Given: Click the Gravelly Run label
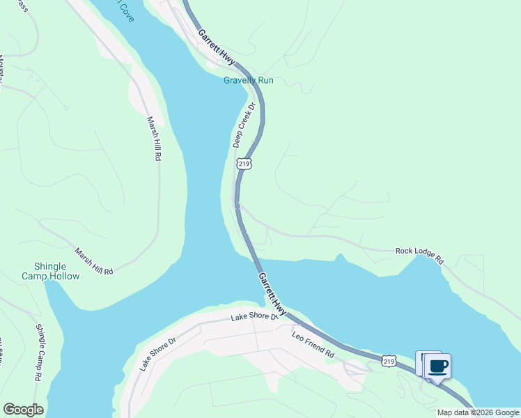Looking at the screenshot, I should click(x=248, y=80).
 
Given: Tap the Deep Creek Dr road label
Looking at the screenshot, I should click(x=244, y=125).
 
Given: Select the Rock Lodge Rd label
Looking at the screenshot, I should click(x=419, y=254).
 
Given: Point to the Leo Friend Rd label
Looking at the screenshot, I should click(x=313, y=346).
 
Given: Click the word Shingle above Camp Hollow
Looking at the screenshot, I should click(x=50, y=267).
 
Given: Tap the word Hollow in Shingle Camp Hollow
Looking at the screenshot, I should click(x=64, y=277).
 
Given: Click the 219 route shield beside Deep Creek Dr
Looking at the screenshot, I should click(x=243, y=164).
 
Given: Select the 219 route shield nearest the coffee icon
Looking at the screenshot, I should click(x=389, y=360).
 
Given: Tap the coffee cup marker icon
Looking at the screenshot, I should click(x=438, y=366).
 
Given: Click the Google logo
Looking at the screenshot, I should click(x=23, y=410).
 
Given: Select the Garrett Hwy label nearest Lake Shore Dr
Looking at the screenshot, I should click(x=272, y=292).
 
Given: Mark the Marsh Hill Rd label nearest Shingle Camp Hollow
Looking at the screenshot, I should click(x=94, y=261).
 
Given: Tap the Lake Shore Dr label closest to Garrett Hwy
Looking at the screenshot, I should click(x=254, y=318).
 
